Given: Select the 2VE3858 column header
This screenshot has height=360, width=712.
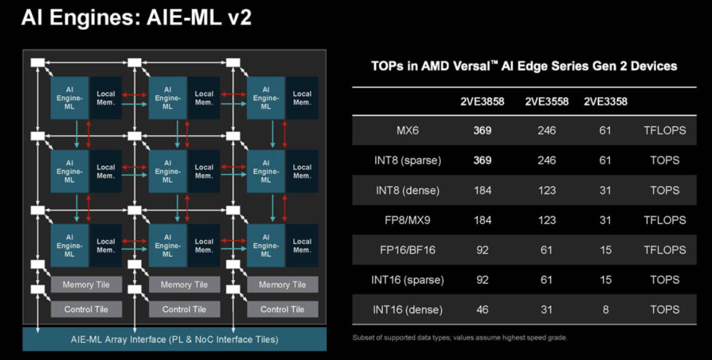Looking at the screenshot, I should point(483,102).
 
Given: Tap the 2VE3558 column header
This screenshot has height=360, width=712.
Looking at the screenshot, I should point(547,102).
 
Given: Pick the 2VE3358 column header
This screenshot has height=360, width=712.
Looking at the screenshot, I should point(605,102).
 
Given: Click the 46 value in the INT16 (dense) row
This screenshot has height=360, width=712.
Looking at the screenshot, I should point(483,309).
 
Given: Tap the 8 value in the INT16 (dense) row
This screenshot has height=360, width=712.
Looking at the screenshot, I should point(605,309).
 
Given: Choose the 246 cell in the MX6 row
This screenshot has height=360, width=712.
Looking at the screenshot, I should point(547,131).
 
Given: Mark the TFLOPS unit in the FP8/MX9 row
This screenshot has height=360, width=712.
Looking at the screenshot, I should point(665,220).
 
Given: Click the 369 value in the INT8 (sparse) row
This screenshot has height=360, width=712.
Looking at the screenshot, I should point(483,160).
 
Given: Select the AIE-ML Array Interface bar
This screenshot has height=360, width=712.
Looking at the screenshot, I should point(175,340).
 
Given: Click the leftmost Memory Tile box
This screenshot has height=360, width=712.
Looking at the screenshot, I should point(86,285).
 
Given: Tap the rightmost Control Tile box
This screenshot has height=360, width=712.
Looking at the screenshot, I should point(283,309).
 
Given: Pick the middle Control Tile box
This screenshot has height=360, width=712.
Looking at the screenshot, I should point(185,309).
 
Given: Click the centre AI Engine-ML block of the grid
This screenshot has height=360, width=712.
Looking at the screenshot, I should point(167,171).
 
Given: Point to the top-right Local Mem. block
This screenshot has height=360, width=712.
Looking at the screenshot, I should point(302,98).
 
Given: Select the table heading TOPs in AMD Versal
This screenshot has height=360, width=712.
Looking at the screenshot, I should point(524,66).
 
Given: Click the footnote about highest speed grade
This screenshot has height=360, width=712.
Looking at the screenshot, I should point(460,338).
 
